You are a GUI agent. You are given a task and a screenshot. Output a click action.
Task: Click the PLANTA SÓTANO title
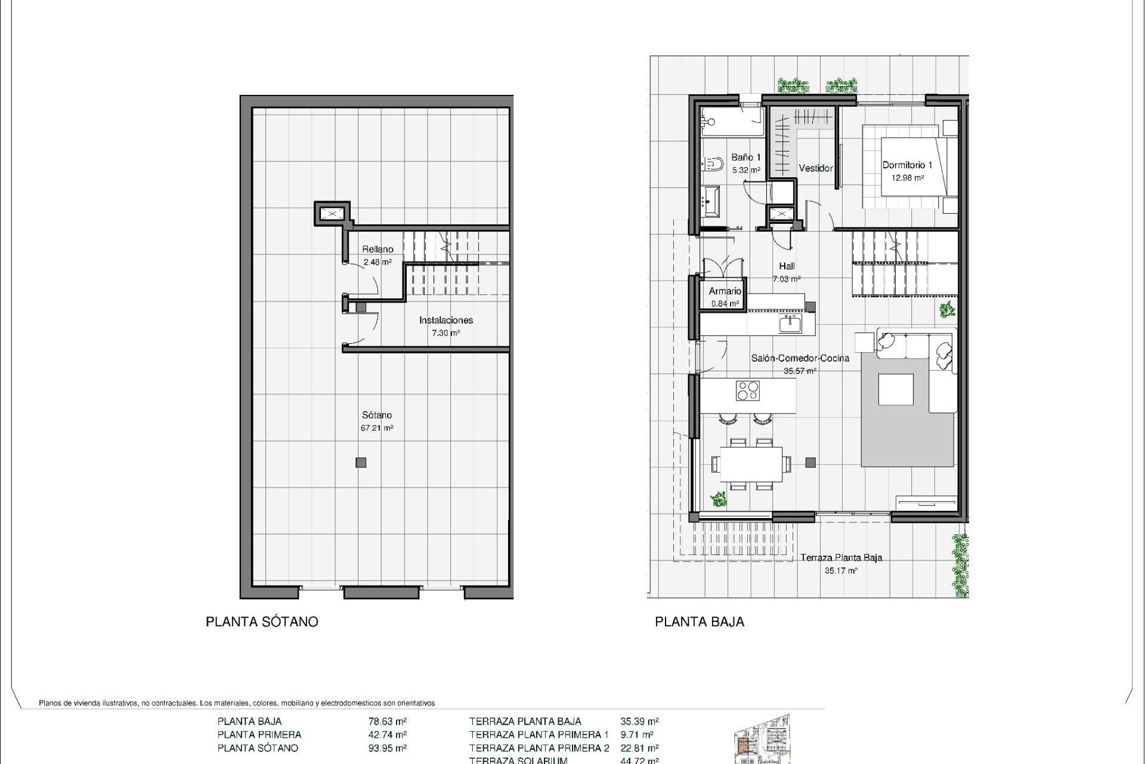point(262,622)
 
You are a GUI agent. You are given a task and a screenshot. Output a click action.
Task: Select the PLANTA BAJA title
point(700,622)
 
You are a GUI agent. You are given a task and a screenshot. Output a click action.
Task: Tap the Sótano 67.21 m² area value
point(377,428)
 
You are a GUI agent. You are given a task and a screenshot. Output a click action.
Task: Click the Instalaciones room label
point(445,320)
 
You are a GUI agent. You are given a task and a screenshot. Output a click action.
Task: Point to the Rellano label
point(377,249)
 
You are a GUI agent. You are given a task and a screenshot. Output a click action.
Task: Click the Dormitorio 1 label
point(907,165)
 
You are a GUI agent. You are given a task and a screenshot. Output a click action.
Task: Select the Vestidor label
point(815,168)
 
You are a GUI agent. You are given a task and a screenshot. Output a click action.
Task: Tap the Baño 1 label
point(746,158)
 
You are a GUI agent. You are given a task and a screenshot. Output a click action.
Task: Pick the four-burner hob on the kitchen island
point(747,391)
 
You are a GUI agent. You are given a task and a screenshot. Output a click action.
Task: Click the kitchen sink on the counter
point(790,324)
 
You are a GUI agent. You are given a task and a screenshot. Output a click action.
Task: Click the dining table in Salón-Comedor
point(751,464)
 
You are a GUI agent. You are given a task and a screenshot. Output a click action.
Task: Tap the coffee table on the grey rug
point(896,389)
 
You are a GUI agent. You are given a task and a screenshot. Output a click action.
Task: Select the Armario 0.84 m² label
point(725,297)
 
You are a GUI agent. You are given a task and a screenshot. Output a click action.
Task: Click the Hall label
point(787,266)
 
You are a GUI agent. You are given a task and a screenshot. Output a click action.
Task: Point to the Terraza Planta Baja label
point(840,557)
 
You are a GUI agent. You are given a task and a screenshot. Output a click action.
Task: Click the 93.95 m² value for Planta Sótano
point(388,748)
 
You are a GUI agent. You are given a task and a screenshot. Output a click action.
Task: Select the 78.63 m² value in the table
point(388,721)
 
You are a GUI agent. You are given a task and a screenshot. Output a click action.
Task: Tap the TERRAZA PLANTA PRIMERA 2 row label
point(539,748)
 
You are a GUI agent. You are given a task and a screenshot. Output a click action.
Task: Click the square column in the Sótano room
point(361,462)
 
